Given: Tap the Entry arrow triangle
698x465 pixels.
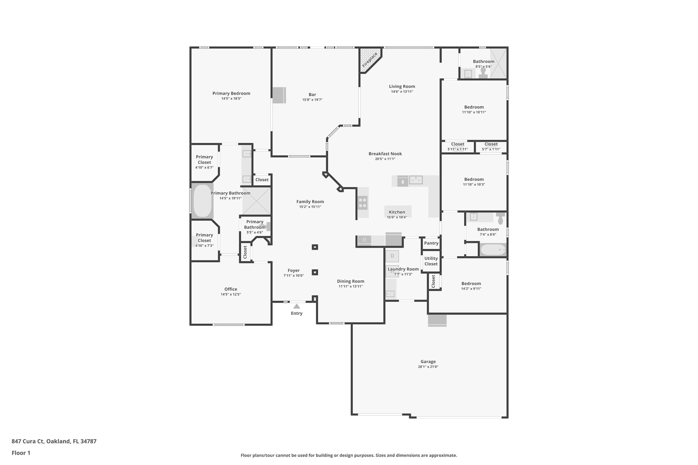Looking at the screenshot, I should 297,306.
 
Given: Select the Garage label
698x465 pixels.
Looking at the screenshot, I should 428,361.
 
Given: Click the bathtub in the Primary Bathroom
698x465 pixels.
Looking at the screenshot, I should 202,201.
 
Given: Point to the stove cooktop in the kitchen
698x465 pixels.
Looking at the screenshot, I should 363,203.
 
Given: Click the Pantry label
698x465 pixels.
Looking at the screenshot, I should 431,243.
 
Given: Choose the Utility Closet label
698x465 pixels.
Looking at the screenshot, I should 431,261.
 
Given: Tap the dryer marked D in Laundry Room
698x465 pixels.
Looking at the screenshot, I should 392,256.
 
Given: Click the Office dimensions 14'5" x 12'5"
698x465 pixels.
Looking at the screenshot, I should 231,294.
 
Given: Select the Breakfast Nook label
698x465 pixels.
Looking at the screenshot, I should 385,154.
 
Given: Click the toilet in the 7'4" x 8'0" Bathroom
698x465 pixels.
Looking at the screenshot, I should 500,219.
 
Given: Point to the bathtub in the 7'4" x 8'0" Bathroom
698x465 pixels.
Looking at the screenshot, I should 493,250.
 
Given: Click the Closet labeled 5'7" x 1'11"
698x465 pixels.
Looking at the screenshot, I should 491,146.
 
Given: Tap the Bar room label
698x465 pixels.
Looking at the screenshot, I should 312,95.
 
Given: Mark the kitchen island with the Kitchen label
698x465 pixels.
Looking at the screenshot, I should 397,212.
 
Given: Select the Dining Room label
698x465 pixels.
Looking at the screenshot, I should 350,281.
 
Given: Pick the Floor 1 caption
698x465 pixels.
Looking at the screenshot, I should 21,453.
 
